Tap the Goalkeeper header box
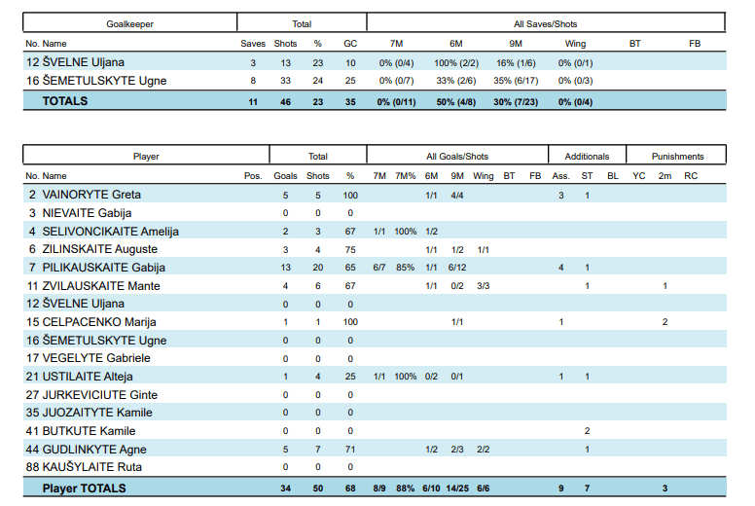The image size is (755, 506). click(x=129, y=22)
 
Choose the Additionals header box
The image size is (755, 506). click(x=587, y=156)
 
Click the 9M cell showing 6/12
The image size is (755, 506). click(x=458, y=268)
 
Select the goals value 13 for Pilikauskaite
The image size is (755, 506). click(x=286, y=268)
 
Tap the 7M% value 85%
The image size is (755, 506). click(x=406, y=268)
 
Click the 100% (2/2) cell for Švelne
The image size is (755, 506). click(x=455, y=63)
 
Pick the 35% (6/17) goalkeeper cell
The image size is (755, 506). click(x=515, y=81)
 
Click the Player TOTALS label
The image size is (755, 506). click(x=84, y=488)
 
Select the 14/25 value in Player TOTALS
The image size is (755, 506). click(x=458, y=488)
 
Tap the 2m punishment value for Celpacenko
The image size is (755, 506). click(x=665, y=322)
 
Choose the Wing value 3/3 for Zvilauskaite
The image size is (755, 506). click(x=484, y=286)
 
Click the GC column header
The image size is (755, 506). click(x=350, y=44)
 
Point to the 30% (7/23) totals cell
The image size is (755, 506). click(x=515, y=101)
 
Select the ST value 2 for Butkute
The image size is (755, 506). click(x=587, y=431)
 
